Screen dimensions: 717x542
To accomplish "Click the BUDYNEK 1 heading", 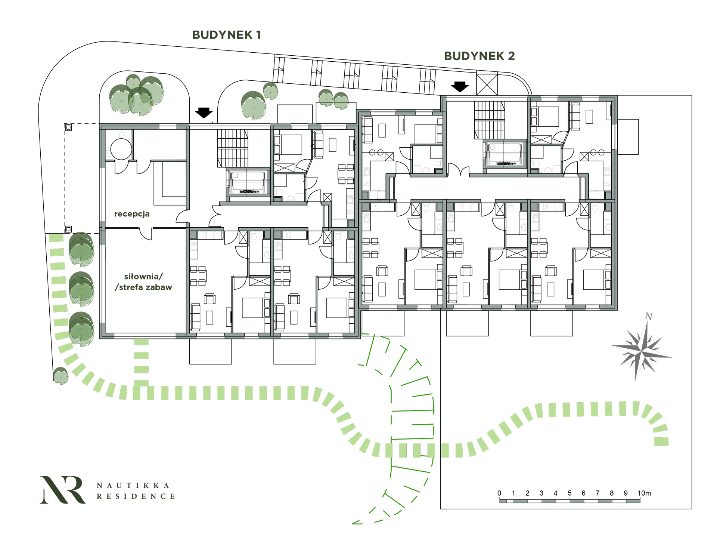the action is pyautogui.click(x=226, y=35).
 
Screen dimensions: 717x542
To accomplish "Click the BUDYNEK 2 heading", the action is pyautogui.click(x=479, y=56).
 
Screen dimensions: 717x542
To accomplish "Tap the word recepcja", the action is pyautogui.click(x=132, y=214).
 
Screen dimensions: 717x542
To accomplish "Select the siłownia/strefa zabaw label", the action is pyautogui.click(x=143, y=282).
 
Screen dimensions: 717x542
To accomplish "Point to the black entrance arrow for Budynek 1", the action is pyautogui.click(x=204, y=113).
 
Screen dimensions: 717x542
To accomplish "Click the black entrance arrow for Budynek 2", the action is pyautogui.click(x=460, y=87).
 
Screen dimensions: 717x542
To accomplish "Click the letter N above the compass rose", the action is pyautogui.click(x=649, y=317).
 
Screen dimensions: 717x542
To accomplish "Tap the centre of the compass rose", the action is pyautogui.click(x=641, y=351).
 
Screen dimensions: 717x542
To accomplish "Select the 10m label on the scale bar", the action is pyautogui.click(x=644, y=493).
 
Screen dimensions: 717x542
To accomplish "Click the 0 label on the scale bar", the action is pyautogui.click(x=499, y=493).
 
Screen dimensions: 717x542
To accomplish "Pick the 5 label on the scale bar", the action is pyautogui.click(x=569, y=493).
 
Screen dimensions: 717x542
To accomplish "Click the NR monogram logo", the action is pyautogui.click(x=62, y=490).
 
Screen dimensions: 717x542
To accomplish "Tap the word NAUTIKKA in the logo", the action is pyautogui.click(x=133, y=486).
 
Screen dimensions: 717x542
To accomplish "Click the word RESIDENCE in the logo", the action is pyautogui.click(x=136, y=496).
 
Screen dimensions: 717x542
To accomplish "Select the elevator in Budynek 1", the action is pyautogui.click(x=248, y=182).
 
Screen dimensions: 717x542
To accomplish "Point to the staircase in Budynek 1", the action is pyautogui.click(x=233, y=148).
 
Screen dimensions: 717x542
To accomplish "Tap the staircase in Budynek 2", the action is pyautogui.click(x=490, y=120).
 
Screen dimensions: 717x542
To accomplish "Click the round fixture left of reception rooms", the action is pyautogui.click(x=121, y=149).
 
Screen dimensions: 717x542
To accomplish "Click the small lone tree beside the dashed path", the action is pyautogui.click(x=61, y=376).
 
